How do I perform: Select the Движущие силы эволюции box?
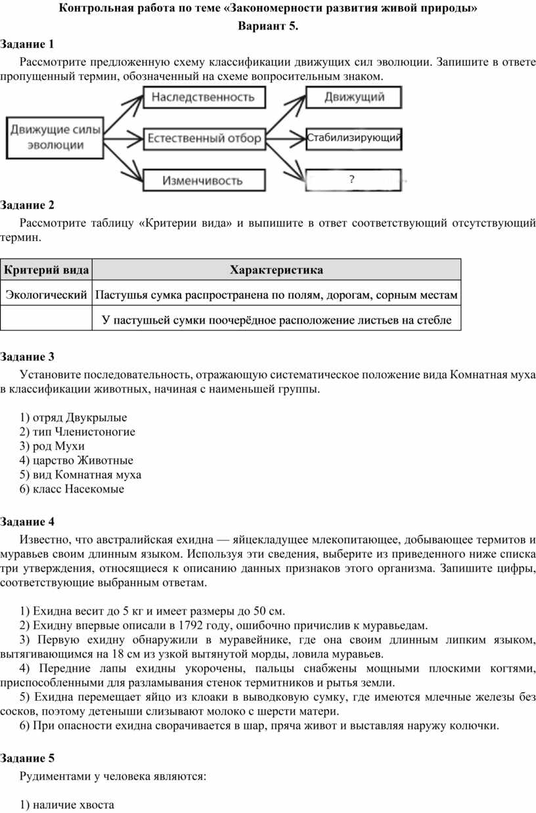point(55,138)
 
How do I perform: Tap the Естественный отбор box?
point(204,139)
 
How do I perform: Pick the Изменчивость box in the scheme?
point(203,180)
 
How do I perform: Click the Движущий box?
point(354,98)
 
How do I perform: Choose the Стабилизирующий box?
point(354,139)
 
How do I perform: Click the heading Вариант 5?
point(268,27)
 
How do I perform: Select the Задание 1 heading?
point(28,44)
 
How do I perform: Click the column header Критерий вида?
point(46,270)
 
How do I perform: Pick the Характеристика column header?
point(276,270)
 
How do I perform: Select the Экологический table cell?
point(46,295)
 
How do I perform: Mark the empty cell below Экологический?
point(46,319)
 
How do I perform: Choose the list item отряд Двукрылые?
point(74,417)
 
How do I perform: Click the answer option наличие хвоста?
point(67,804)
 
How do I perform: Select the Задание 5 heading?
point(28,758)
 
